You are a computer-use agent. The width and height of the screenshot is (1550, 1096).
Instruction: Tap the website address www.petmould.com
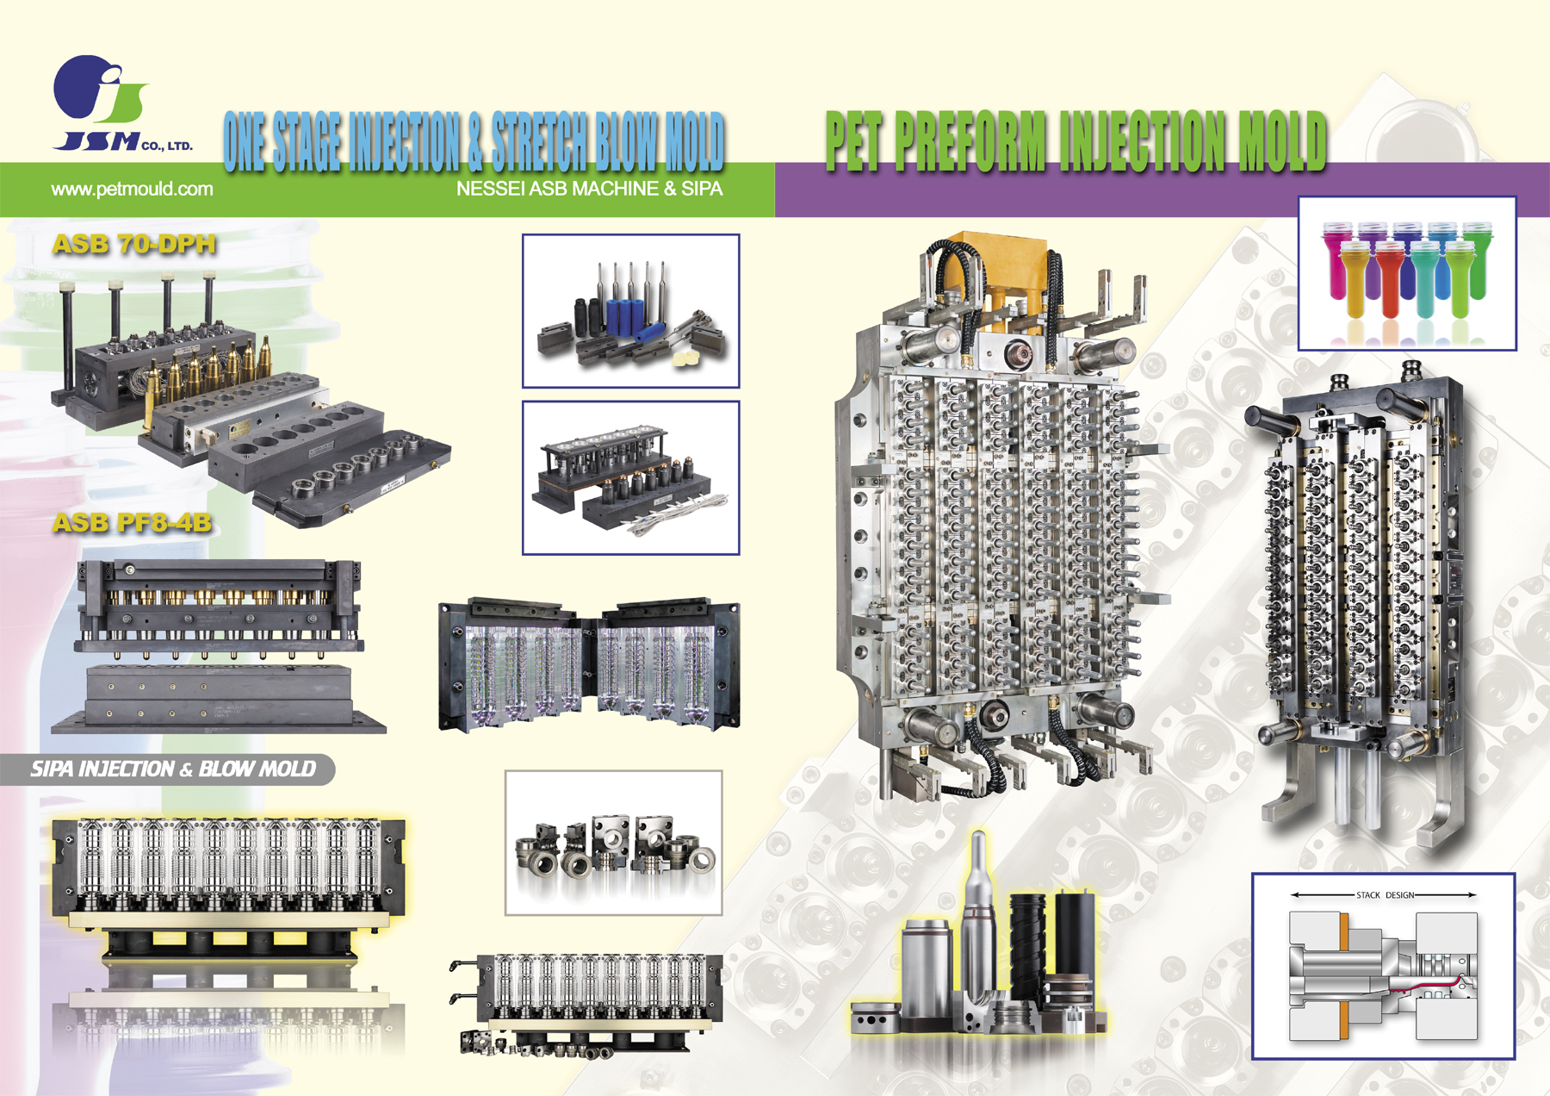point(132,190)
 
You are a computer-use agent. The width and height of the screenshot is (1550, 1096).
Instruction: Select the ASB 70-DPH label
point(134,245)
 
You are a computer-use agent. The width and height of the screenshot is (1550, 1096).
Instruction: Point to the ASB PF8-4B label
point(132,523)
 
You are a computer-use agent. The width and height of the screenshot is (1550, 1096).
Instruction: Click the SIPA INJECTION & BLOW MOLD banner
point(173,769)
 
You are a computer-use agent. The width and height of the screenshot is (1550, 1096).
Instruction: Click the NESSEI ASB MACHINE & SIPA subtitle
point(589,189)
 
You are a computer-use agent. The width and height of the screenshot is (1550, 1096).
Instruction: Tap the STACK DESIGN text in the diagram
point(1385,895)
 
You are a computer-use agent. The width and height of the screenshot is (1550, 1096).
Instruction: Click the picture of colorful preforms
point(1407,273)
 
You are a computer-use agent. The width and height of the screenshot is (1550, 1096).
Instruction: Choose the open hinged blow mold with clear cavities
point(589,663)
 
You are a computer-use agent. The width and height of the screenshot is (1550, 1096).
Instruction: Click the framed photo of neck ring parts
point(613,843)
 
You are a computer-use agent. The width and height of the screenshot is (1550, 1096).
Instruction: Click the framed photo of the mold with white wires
point(630,477)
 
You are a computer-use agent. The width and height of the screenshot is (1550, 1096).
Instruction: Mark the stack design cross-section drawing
point(1383,966)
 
